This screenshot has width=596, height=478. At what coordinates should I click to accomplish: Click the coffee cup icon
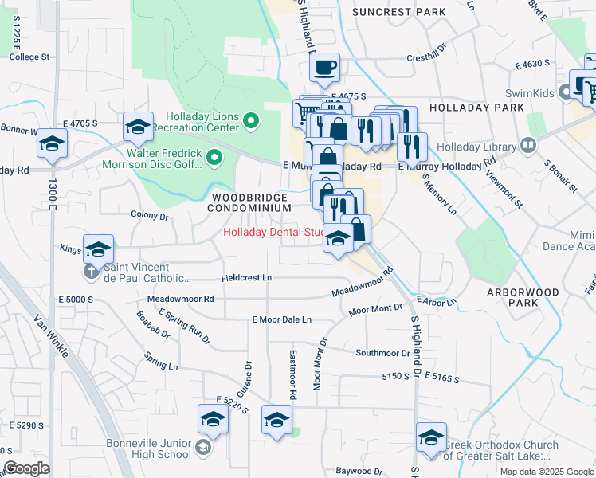point(324,69)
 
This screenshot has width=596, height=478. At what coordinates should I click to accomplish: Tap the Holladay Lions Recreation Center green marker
point(252,121)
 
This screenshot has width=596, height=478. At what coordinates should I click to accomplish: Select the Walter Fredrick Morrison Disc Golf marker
point(214,159)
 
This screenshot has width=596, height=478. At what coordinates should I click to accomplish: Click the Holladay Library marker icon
point(527,146)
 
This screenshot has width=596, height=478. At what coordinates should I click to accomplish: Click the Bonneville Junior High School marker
point(203,446)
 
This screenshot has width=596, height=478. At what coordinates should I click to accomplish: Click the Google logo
point(26,468)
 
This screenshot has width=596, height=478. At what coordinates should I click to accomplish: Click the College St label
point(29,57)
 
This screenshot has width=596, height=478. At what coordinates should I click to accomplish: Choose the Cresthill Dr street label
point(428,57)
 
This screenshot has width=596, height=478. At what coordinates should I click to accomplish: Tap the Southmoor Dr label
point(382,353)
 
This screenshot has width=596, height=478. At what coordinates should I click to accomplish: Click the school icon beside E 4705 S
point(138,127)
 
